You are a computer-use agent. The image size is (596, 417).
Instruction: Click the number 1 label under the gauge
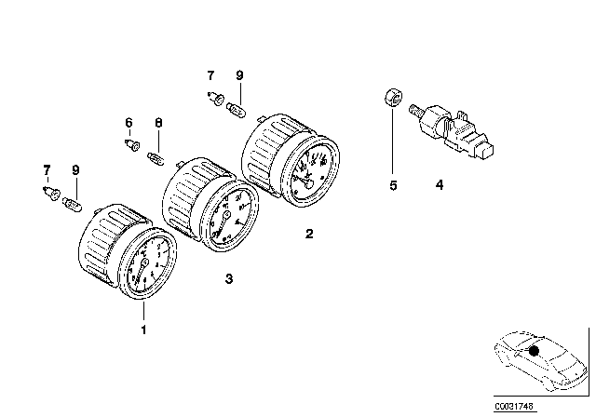pyautogui.click(x=143, y=330)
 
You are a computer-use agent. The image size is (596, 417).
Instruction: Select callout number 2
pyautogui.click(x=309, y=234)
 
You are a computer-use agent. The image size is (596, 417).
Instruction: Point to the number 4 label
pyautogui.click(x=439, y=186)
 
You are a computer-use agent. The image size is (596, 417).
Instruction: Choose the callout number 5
pyautogui.click(x=393, y=186)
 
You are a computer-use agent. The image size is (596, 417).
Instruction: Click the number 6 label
pyautogui.click(x=129, y=123)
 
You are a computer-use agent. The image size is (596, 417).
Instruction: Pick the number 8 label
pyautogui.click(x=158, y=123)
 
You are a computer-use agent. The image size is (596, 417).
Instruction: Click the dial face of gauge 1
pyautogui.click(x=146, y=267)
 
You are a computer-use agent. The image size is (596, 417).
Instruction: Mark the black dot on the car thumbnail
pyautogui.click(x=533, y=351)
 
